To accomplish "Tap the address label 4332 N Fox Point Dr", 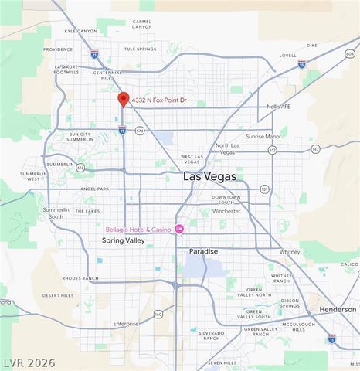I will [x=158, y=100].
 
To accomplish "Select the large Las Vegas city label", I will [x=209, y=177].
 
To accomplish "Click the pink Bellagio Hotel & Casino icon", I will [x=179, y=228].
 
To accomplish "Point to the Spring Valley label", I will [x=124, y=241].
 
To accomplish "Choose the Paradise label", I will [x=204, y=252].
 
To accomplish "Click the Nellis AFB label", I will [x=278, y=107].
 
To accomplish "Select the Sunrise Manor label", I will [x=263, y=136].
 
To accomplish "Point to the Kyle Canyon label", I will [x=80, y=31].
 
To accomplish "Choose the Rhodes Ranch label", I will [x=80, y=278].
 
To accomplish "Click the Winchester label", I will [x=226, y=210].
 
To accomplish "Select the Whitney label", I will [x=290, y=251].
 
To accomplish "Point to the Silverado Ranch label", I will [x=211, y=336].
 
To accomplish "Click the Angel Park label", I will [x=94, y=189].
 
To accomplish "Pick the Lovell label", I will [x=287, y=56].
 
